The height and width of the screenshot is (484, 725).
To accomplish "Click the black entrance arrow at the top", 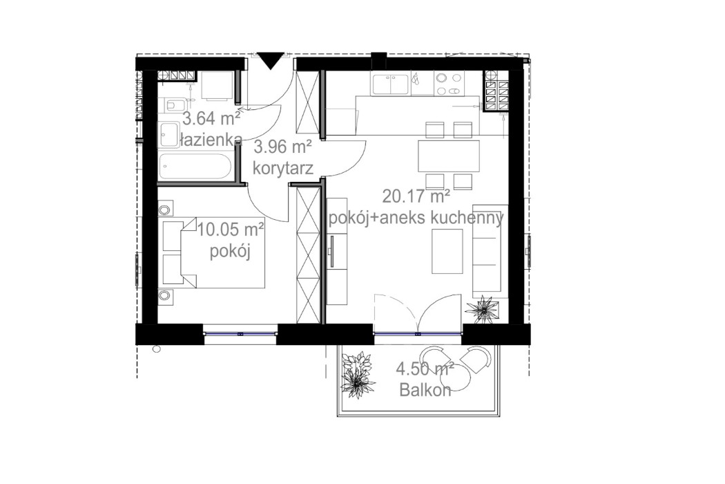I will tap(269, 60).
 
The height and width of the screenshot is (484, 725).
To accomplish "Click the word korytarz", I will tap(283, 167).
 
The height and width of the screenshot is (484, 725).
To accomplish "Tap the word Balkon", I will tap(425, 390).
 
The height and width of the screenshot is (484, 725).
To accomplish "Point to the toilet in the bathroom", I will tap(173, 105).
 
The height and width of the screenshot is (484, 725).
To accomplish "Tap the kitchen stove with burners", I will tap(448, 84).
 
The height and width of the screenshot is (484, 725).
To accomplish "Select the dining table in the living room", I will tap(448, 156).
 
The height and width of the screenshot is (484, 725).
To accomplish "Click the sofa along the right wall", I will tap(486, 250).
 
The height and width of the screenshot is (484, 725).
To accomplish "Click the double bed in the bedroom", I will tap(214, 254).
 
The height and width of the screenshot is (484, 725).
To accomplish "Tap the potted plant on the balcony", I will tap(358, 373).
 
